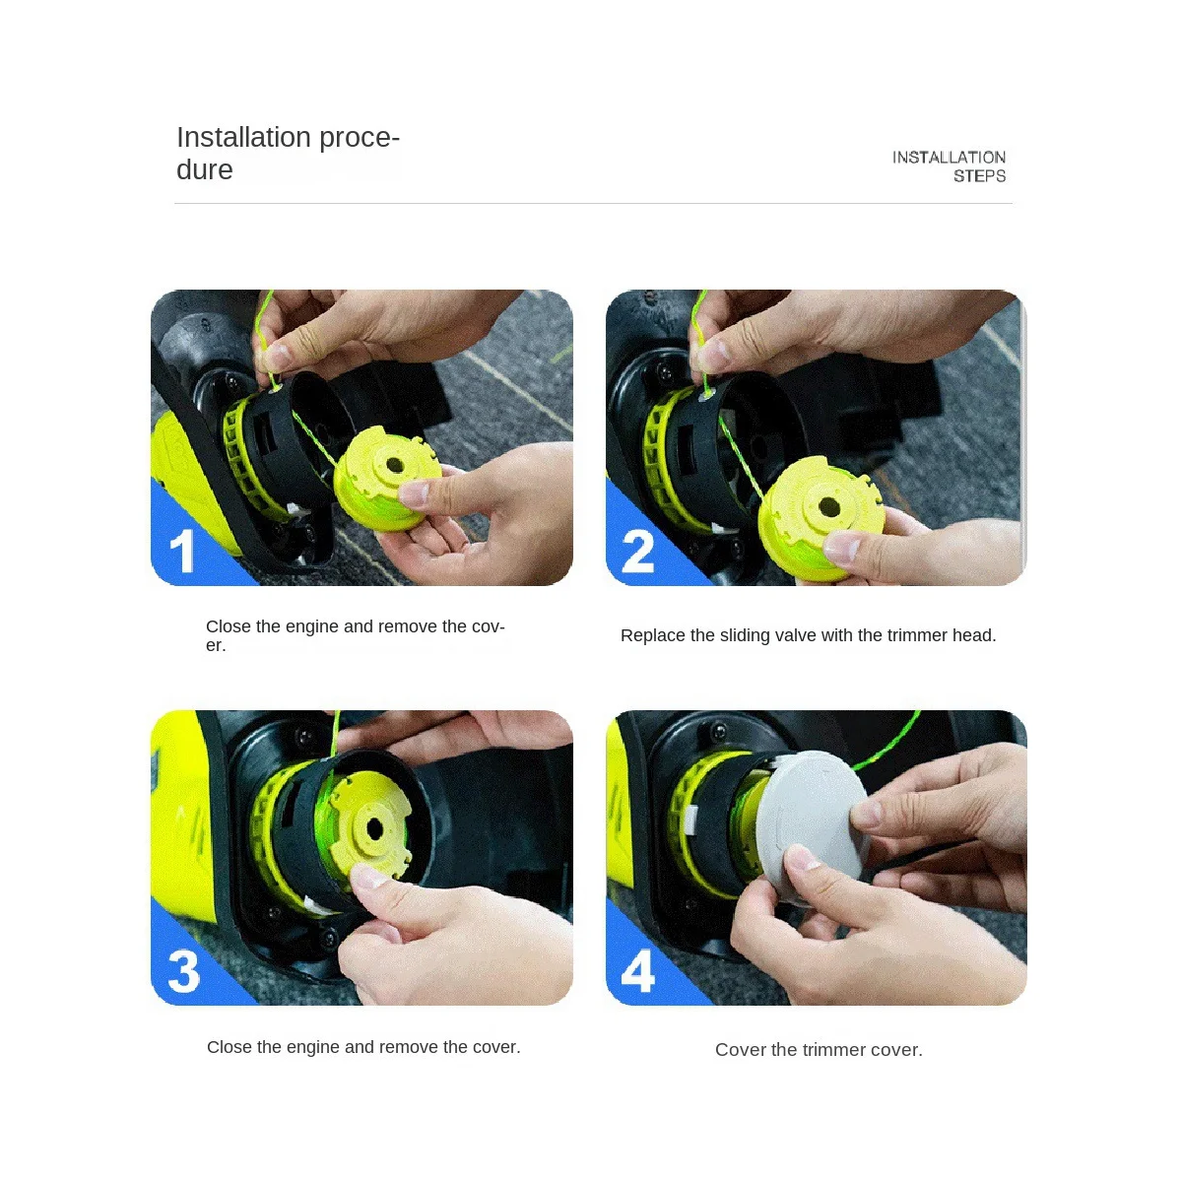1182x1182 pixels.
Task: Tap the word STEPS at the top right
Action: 979,176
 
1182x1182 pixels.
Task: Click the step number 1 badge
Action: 182,552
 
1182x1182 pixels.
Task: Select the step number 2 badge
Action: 638,552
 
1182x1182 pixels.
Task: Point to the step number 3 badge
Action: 184,972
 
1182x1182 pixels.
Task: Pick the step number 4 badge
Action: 638,972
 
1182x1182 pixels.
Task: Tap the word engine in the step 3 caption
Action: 312,1047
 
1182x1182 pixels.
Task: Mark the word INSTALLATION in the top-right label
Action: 949,158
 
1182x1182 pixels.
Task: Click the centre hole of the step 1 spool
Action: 395,464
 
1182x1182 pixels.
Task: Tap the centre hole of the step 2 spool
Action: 829,506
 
